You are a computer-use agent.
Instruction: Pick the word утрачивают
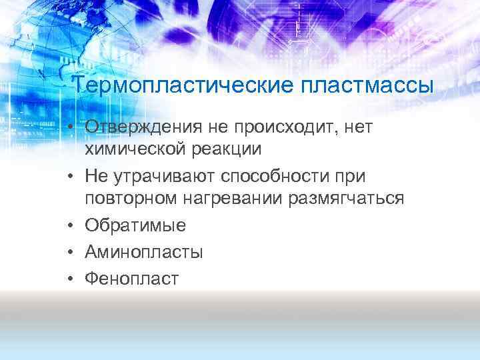163,175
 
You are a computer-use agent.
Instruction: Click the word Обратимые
135,226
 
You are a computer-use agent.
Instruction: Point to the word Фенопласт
131,278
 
